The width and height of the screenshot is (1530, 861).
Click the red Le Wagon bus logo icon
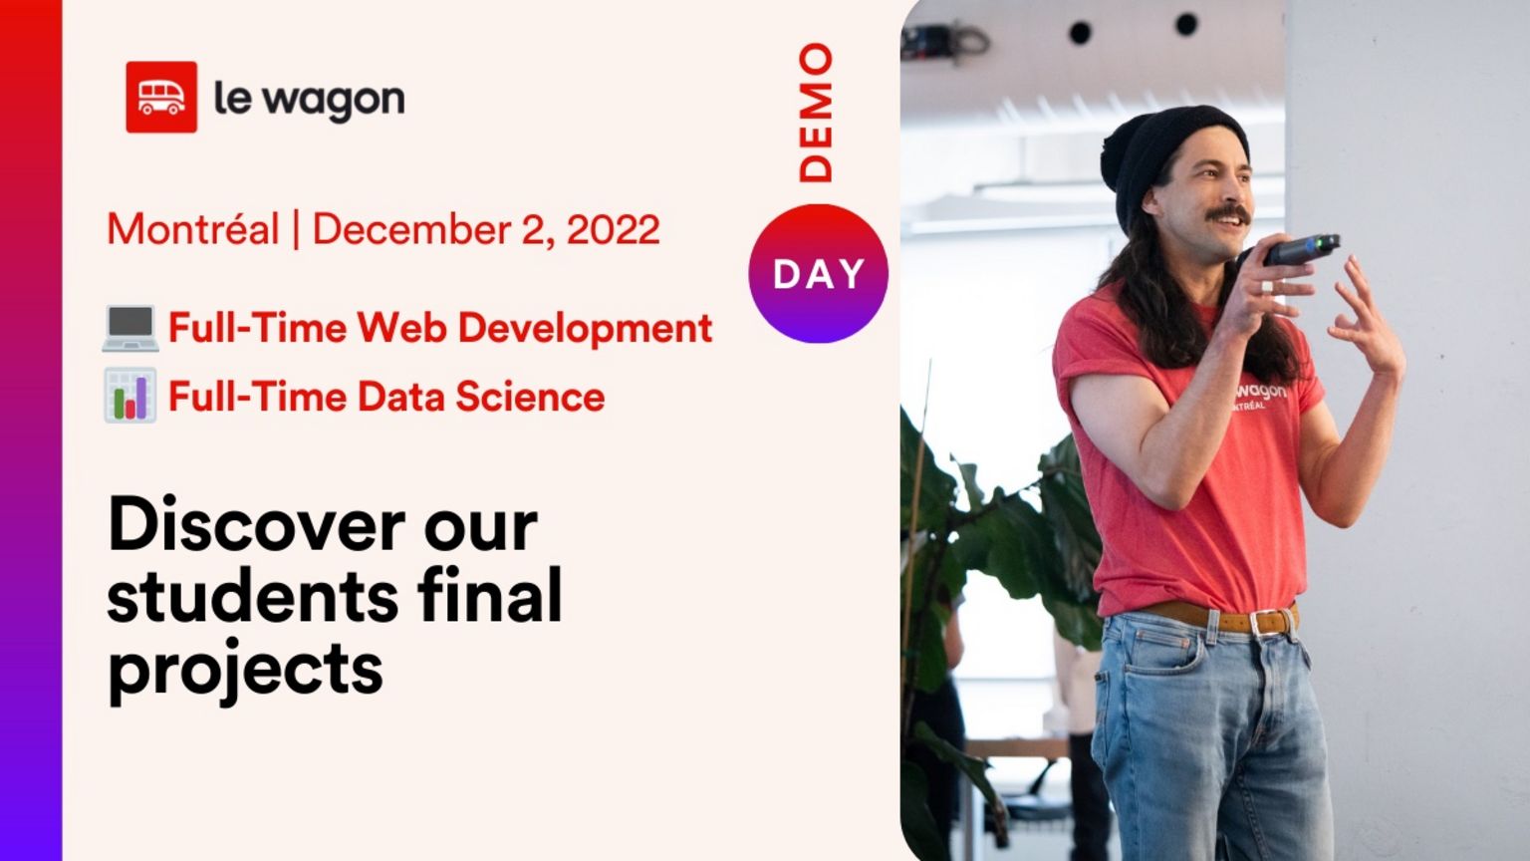[x=161, y=97]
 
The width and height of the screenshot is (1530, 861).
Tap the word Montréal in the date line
[x=193, y=228]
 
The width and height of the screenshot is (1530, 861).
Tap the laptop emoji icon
[x=130, y=328]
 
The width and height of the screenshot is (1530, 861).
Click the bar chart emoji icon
[x=129, y=395]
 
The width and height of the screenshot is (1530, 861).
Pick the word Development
[x=585, y=330]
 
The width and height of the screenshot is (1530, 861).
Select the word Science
[x=530, y=397]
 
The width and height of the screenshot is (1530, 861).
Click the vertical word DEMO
[x=816, y=113]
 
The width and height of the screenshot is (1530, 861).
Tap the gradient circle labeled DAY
[x=818, y=273]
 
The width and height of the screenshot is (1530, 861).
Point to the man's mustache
[x=1227, y=214]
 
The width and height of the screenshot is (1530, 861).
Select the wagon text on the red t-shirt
[x=1261, y=392]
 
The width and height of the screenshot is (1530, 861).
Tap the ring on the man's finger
[x=1267, y=286]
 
